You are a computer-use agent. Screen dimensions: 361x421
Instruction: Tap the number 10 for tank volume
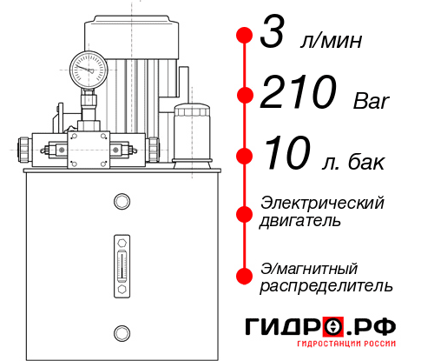pos(286,157)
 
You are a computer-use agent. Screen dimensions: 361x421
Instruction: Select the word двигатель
pos(300,221)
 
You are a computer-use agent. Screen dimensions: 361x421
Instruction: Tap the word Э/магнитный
pos(310,266)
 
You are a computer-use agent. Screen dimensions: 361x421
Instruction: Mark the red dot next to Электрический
pos(245,211)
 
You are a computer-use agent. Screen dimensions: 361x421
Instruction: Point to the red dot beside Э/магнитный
pos(245,275)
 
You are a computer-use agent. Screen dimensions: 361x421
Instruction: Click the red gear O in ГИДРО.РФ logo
pos(335,328)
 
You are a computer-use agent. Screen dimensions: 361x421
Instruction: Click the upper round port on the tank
pos(122,203)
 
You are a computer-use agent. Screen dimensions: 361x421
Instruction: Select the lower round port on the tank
pos(122,331)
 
